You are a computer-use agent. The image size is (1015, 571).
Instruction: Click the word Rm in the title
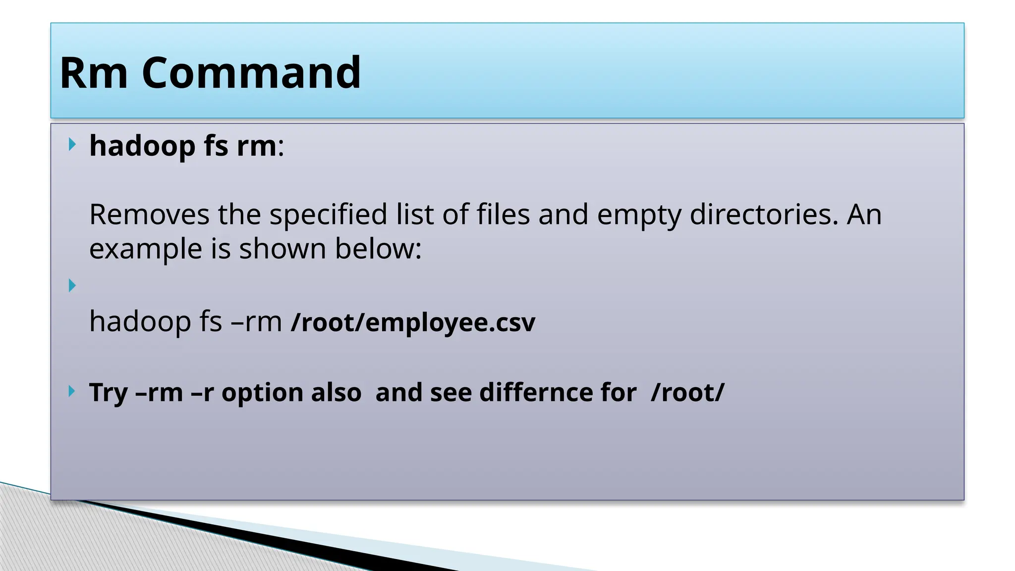94,73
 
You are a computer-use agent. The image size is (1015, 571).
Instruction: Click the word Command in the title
251,73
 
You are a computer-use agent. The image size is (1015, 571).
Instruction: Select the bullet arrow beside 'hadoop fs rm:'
72,145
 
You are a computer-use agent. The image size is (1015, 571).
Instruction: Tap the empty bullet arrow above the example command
72,285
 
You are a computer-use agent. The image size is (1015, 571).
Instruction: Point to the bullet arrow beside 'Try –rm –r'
72,392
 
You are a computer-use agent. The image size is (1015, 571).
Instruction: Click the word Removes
149,215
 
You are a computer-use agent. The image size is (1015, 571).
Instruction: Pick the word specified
328,215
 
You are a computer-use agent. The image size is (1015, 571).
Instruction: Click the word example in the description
146,249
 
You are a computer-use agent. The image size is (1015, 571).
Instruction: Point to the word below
378,249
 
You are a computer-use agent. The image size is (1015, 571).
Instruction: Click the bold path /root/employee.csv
413,323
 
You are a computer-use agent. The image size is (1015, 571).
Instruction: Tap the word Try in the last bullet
108,393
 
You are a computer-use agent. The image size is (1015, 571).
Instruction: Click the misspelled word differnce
558,393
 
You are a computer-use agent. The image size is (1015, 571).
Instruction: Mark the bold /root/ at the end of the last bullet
688,393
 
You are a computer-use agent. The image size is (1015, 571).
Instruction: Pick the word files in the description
503,215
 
